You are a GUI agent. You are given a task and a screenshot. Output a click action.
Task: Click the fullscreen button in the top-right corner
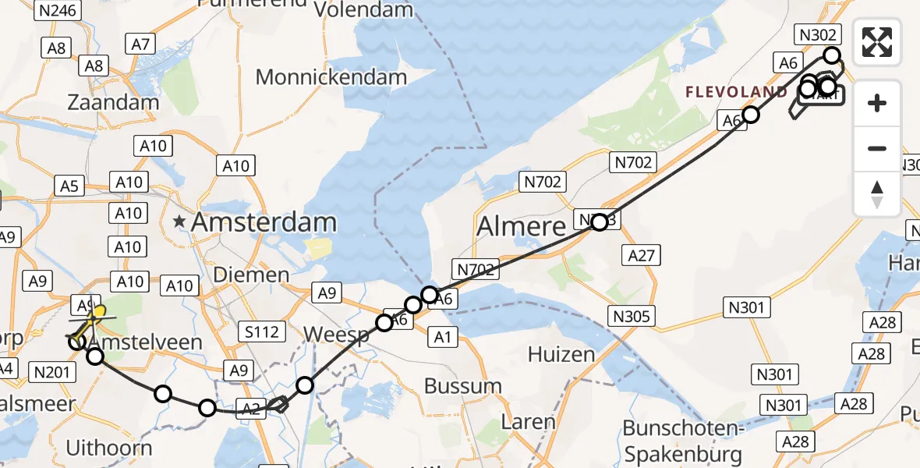(x=877, y=42)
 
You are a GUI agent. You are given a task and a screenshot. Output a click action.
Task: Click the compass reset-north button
(x=877, y=194)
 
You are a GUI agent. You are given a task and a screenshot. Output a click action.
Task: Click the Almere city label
(x=521, y=226)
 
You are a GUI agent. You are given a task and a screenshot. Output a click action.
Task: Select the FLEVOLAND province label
(x=736, y=92)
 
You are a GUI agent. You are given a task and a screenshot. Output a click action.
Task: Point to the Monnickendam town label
(x=331, y=77)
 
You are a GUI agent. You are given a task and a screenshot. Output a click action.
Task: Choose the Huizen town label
(x=561, y=354)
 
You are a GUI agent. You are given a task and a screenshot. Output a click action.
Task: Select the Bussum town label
(x=463, y=386)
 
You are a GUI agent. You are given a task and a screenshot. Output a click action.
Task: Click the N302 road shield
(x=817, y=34)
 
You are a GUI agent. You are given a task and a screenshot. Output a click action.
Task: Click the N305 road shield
(x=633, y=316)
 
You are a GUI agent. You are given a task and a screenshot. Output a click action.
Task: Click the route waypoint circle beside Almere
(x=599, y=222)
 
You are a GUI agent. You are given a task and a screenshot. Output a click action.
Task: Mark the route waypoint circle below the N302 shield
(x=832, y=55)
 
